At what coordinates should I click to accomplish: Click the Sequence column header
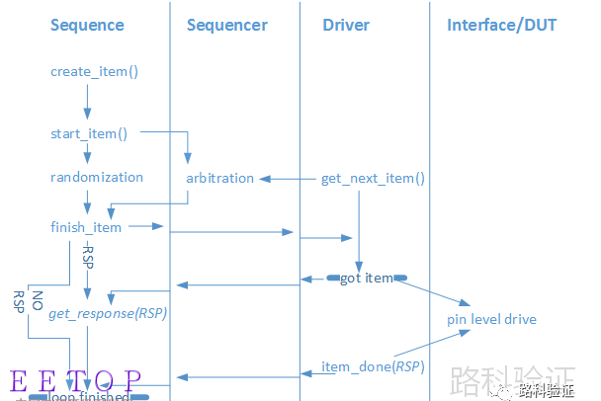(x=87, y=25)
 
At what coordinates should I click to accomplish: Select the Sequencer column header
(x=226, y=25)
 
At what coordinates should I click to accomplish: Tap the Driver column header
(x=345, y=25)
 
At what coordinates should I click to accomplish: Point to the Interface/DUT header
(x=501, y=25)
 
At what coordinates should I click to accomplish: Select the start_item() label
(x=89, y=132)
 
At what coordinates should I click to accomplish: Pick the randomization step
(x=97, y=178)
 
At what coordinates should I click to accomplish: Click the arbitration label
(x=219, y=179)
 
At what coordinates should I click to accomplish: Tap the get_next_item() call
(x=373, y=179)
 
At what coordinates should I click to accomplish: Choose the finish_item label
(x=86, y=227)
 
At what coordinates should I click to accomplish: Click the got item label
(x=366, y=279)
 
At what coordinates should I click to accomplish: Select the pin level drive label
(x=491, y=319)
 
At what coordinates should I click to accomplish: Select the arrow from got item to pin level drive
(x=435, y=292)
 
